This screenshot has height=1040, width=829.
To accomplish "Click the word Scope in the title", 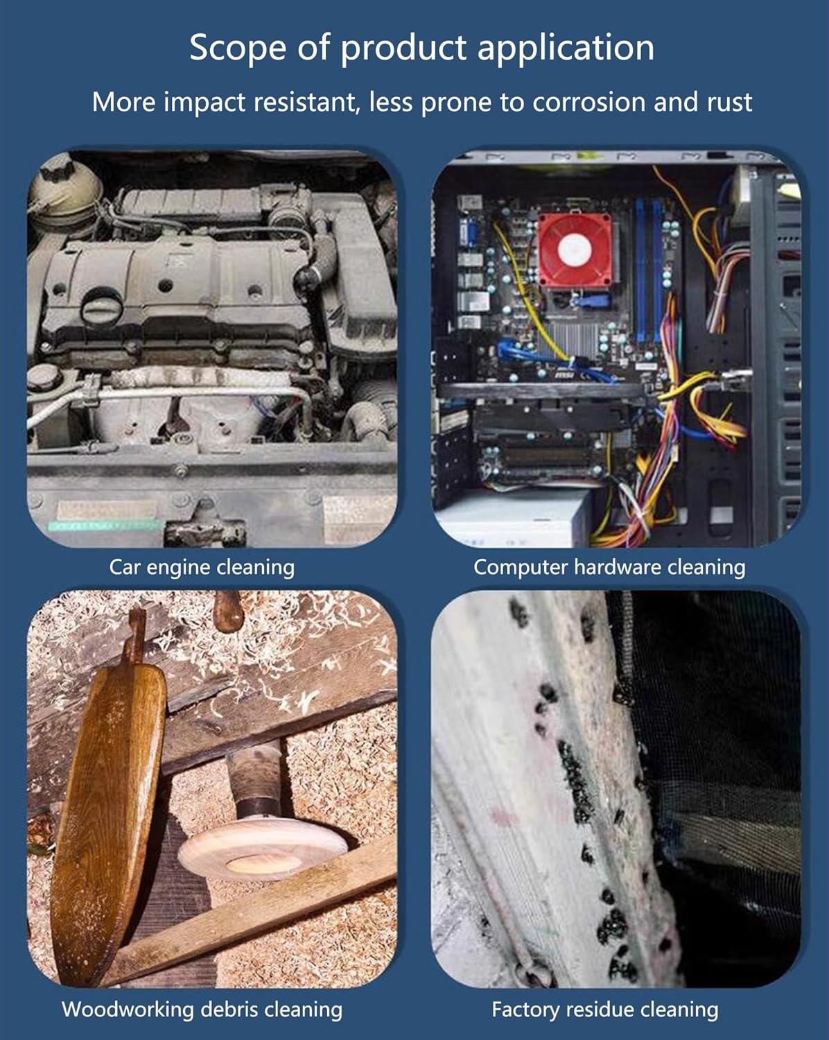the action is click(x=237, y=48).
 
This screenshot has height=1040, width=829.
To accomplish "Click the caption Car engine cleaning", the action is click(x=202, y=567).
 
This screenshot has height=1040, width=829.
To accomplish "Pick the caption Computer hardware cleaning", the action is click(x=609, y=567).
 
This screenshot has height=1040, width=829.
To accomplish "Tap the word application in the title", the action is click(x=566, y=48).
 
